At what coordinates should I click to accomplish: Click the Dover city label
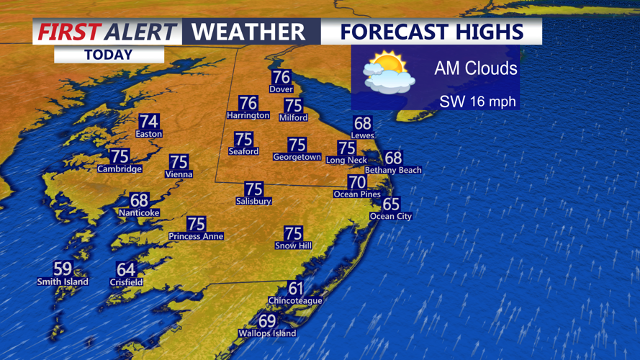[281, 89]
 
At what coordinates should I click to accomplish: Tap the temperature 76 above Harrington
[248, 103]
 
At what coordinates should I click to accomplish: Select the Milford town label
[293, 117]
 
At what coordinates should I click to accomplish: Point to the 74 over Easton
[149, 122]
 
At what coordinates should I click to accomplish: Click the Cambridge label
[120, 169]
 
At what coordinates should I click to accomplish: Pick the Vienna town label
[179, 174]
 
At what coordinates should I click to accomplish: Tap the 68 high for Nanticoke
[139, 200]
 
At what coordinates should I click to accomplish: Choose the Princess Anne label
[196, 236]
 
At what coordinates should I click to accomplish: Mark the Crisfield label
[125, 282]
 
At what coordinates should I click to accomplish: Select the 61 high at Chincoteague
[295, 289]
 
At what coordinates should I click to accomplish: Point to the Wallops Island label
[267, 333]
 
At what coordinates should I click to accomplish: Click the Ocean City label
[390, 216]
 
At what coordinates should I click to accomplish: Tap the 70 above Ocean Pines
[356, 182]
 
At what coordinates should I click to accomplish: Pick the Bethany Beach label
[393, 170]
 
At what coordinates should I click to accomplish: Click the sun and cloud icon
[389, 73]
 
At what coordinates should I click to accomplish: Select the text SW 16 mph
[478, 102]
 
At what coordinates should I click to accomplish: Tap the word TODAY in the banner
[108, 55]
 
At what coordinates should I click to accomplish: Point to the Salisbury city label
[253, 202]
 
